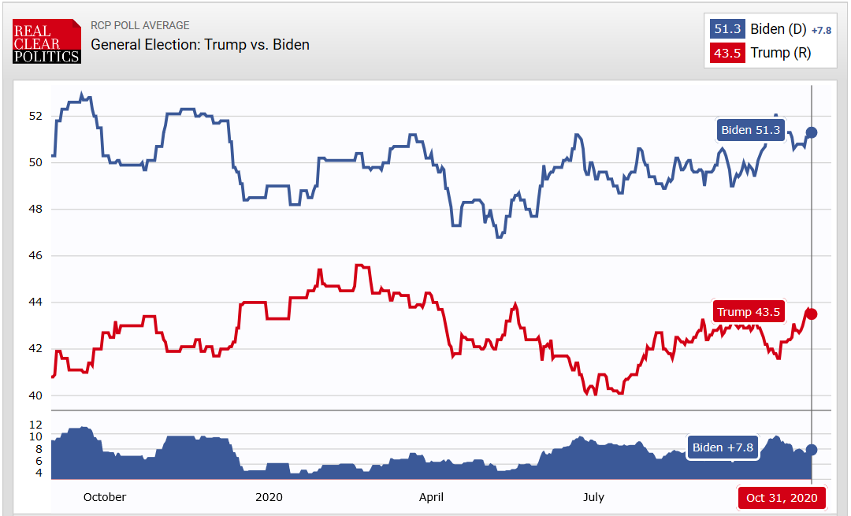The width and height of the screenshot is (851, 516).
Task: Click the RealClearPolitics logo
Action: [x=46, y=41]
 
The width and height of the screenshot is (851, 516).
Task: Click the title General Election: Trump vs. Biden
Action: [x=200, y=44]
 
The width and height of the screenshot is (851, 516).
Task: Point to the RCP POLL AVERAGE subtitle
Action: [x=140, y=25]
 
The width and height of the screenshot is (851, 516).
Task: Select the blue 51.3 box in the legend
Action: [x=725, y=29]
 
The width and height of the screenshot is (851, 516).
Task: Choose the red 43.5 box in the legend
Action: [x=725, y=53]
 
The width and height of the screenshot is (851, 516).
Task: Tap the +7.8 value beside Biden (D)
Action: [x=821, y=30]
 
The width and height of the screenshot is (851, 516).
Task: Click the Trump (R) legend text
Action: [x=781, y=53]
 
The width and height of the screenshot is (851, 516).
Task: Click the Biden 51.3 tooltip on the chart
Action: [x=751, y=130]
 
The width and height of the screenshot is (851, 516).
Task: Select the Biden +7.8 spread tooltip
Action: [x=723, y=447]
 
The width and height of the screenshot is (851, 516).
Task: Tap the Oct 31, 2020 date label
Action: [x=782, y=497]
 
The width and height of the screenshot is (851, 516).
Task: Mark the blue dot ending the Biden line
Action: [x=812, y=132]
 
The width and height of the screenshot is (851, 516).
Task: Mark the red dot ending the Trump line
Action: [x=812, y=314]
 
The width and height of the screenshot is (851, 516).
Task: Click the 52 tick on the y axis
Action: [x=35, y=116]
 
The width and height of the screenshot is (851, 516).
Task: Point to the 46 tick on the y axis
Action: [x=35, y=255]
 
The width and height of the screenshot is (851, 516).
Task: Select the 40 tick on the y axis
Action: [x=35, y=395]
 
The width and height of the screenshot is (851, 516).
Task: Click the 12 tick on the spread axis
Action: [x=35, y=424]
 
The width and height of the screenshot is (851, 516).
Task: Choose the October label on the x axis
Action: [x=104, y=497]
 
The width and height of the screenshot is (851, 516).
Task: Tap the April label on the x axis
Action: [x=431, y=497]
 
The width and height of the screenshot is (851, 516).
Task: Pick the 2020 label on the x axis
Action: [x=269, y=497]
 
